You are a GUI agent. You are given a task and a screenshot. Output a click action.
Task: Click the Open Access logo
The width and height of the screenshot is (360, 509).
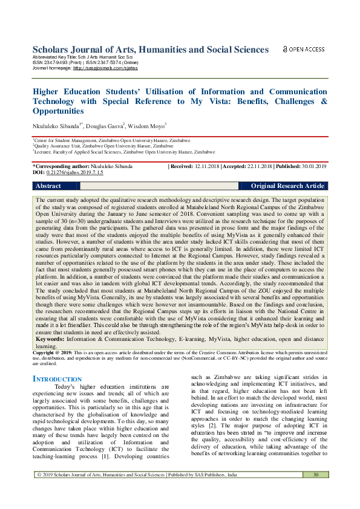(304, 49)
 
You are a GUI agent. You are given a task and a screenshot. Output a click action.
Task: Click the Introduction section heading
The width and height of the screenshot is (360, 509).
(56, 379)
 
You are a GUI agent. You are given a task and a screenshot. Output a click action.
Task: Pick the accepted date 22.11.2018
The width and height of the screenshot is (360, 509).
(257, 166)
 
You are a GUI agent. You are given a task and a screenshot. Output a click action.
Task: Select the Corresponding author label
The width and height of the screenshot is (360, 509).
(61, 166)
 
